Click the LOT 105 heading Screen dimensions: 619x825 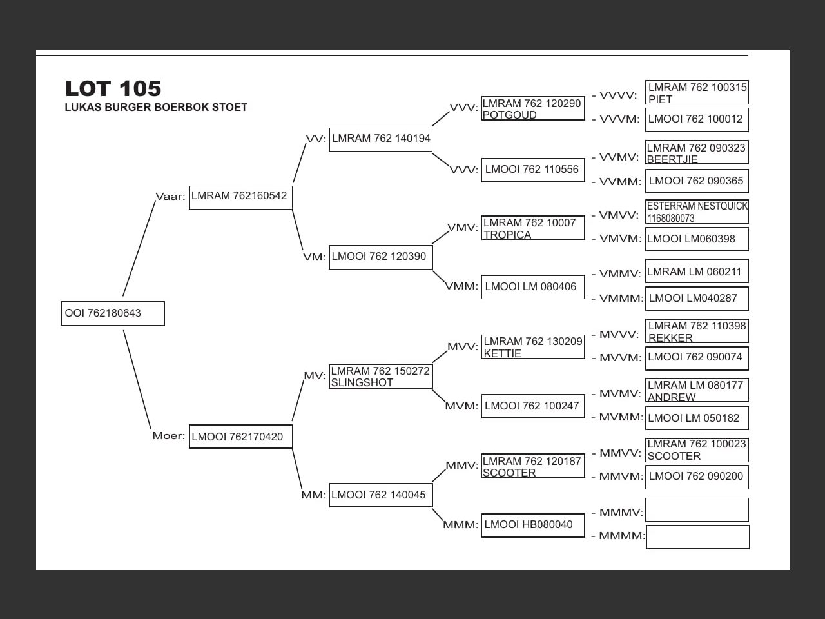click(113, 88)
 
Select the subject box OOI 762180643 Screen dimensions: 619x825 click(113, 313)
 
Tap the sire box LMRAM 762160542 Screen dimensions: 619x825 click(240, 197)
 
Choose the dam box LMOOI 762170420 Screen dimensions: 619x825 click(240, 437)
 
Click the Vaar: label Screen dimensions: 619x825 click(170, 197)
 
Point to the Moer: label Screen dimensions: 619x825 click(168, 436)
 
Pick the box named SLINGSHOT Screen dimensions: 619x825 click(380, 377)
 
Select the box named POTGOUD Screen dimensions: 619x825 click(533, 109)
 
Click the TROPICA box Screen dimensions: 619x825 click(533, 228)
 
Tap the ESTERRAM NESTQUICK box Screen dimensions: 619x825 click(697, 211)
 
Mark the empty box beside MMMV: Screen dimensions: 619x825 click(697, 509)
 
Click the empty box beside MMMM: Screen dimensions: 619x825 click(697, 536)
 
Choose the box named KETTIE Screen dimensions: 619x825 click(533, 347)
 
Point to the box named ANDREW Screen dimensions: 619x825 click(697, 391)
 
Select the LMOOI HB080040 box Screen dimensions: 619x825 click(533, 525)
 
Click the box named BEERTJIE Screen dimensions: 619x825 click(697, 153)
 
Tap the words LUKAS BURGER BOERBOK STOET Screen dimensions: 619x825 click(156, 108)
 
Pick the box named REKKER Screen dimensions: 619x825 click(697, 331)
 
